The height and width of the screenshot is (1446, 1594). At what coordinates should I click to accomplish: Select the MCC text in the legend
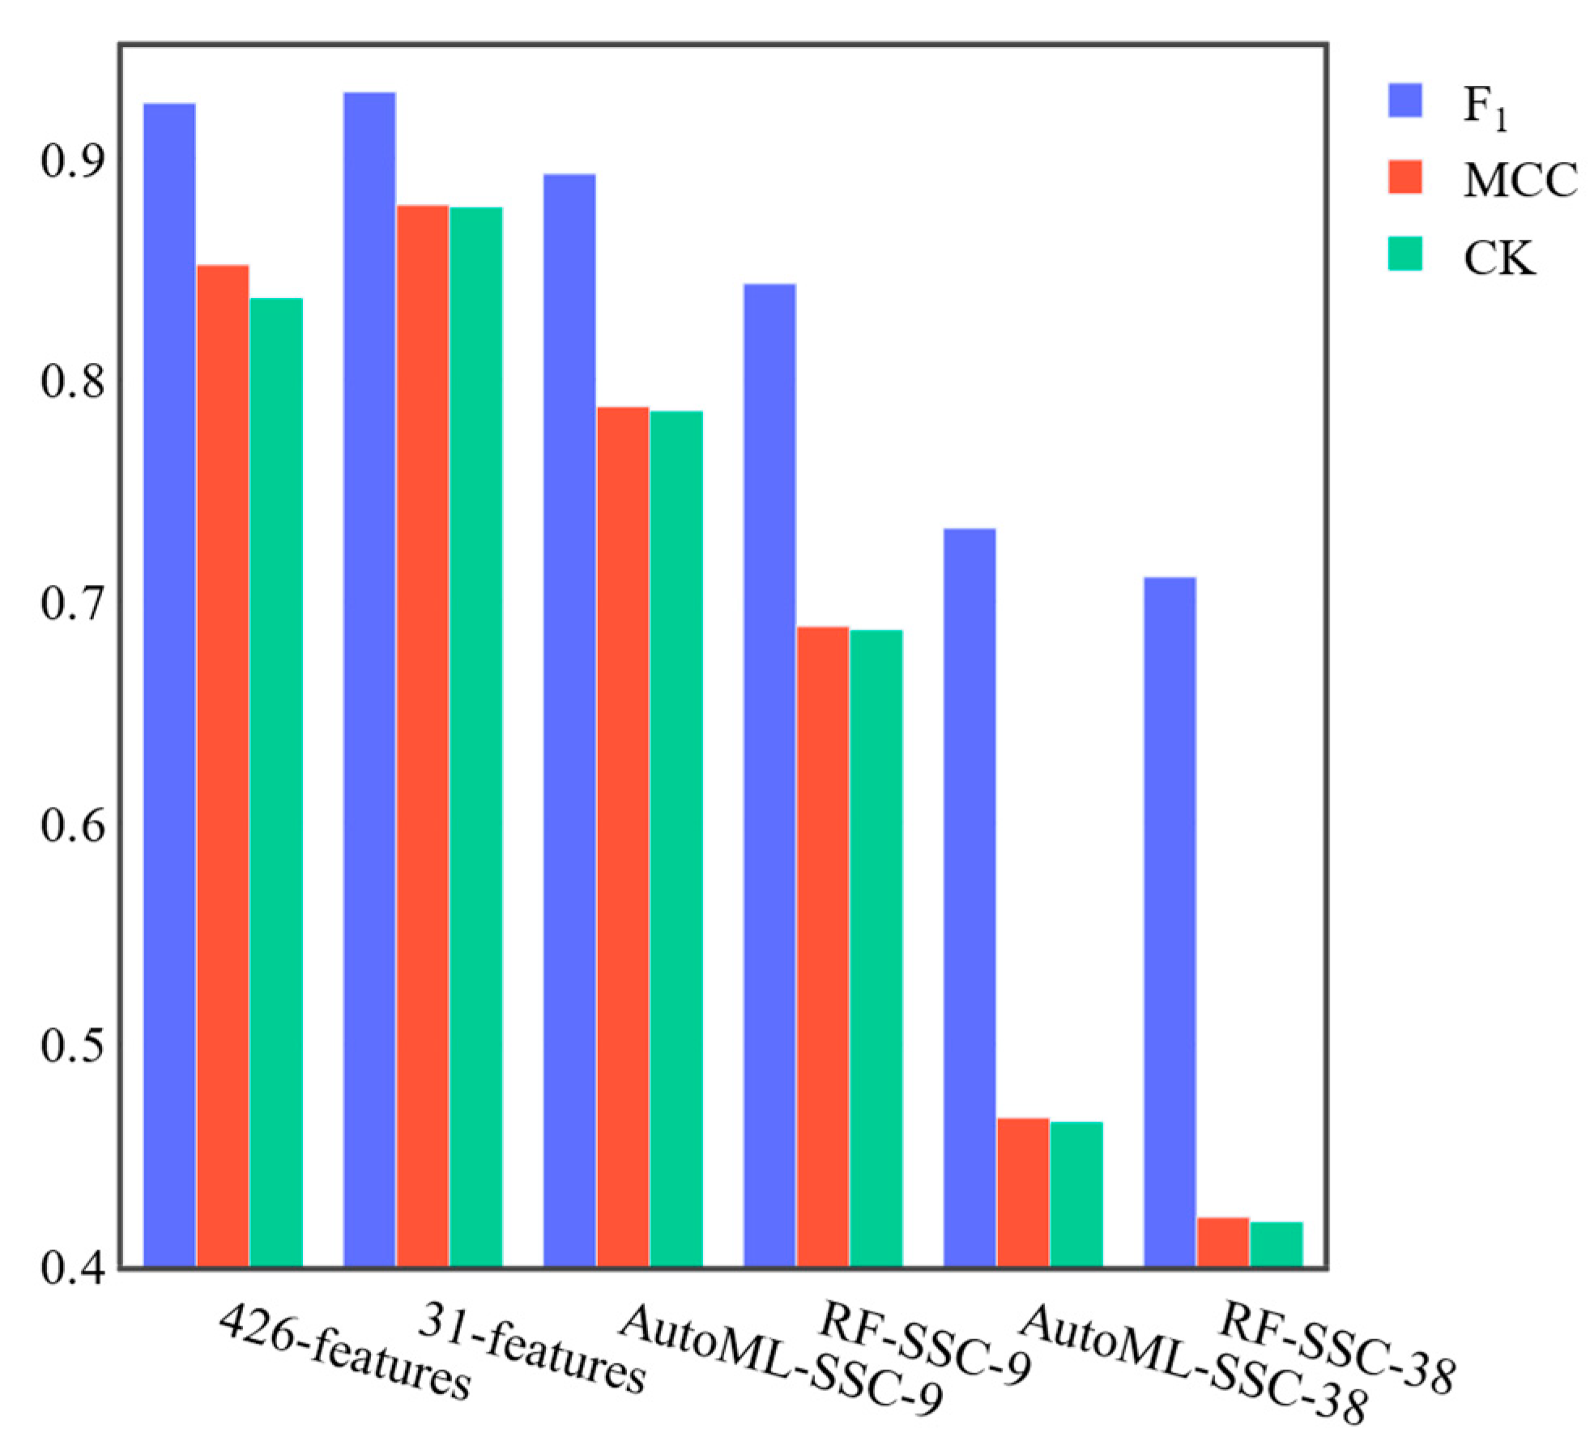(1520, 181)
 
